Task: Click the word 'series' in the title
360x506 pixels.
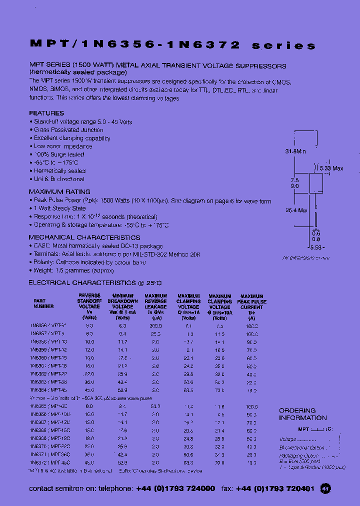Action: pos(283,45)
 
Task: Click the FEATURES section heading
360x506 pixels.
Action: pos(46,113)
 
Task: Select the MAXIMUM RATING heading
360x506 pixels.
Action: pos(59,191)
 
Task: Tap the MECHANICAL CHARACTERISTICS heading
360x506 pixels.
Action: pos(84,237)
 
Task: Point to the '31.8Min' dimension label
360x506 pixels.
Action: pos(295,150)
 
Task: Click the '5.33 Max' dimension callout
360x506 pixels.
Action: pos(330,168)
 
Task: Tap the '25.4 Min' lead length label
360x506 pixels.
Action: pos(295,210)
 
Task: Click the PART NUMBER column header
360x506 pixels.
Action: pos(44,304)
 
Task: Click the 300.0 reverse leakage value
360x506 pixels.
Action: pos(155,325)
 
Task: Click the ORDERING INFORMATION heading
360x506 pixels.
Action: pos(302,414)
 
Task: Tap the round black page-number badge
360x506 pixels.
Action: pos(325,488)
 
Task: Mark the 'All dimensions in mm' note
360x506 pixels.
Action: pos(306,257)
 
